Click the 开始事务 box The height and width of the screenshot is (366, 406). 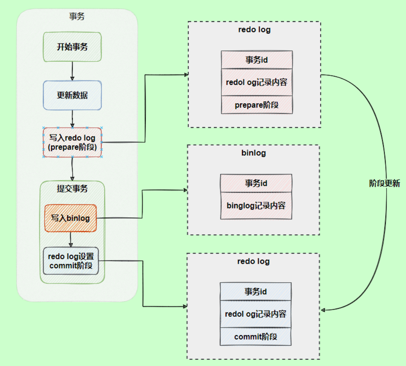[x=72, y=47]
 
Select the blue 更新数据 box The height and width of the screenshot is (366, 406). [x=72, y=95]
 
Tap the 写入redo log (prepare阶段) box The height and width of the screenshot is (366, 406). [x=72, y=142]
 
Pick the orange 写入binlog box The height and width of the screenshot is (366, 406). [x=70, y=218]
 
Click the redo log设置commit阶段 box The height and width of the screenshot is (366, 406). [x=71, y=261]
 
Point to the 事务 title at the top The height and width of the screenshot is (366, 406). [x=77, y=16]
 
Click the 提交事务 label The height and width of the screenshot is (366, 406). [x=72, y=189]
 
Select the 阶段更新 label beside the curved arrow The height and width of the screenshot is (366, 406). [x=385, y=183]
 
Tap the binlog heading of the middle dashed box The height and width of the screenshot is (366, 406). [x=253, y=152]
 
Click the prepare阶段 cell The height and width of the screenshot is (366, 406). [x=256, y=105]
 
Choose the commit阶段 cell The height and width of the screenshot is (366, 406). [x=256, y=336]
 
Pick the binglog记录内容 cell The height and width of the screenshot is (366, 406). [x=256, y=205]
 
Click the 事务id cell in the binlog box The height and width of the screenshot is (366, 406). [x=256, y=183]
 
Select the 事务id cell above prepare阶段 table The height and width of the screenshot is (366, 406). [x=256, y=60]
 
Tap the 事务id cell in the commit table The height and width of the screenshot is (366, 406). [x=256, y=291]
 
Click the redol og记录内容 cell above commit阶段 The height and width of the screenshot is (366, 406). [x=256, y=314]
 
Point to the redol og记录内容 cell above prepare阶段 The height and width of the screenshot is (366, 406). [x=256, y=82]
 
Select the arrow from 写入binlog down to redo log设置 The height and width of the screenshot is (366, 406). [x=70, y=239]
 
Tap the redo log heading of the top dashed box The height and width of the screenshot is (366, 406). [x=254, y=30]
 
